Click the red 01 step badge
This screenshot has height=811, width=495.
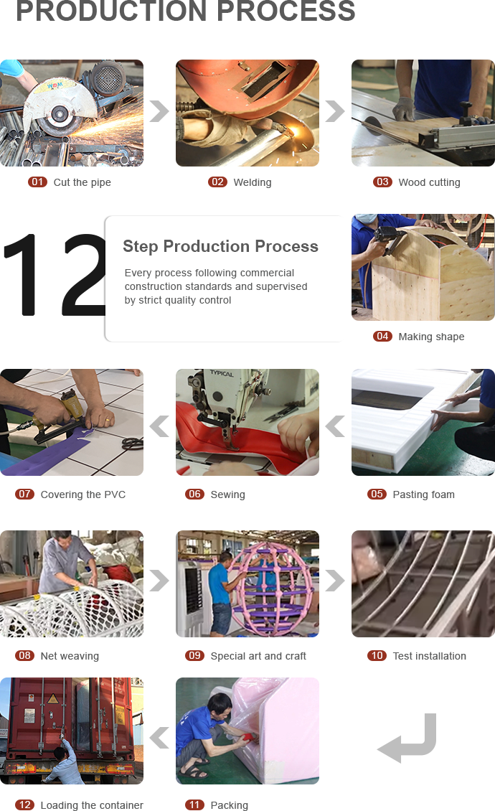pos(37,182)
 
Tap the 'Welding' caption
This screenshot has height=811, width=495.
pos(253,182)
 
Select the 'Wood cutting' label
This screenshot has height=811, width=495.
pos(429,182)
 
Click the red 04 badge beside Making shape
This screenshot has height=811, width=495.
pos(382,336)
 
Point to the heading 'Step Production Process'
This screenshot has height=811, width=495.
pos(220,246)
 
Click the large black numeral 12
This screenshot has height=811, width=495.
pos(55,274)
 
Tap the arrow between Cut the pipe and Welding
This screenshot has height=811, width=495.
pos(159,111)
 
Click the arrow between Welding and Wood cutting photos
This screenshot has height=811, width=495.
pos(335,111)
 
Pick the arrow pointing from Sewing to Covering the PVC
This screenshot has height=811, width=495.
pos(159,426)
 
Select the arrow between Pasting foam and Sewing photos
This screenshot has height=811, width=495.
pos(335,426)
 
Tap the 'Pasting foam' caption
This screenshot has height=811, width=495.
pos(424,494)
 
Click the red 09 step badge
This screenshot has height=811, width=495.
pos(194,655)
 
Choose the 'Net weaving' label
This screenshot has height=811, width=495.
pos(70,656)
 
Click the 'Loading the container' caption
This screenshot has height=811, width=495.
pos(92,805)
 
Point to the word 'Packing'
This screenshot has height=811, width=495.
pos(229,805)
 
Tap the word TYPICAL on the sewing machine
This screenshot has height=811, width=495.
pos(222,373)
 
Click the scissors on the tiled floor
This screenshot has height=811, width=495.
pos(133,444)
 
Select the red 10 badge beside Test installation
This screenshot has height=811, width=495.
pos(377,655)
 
